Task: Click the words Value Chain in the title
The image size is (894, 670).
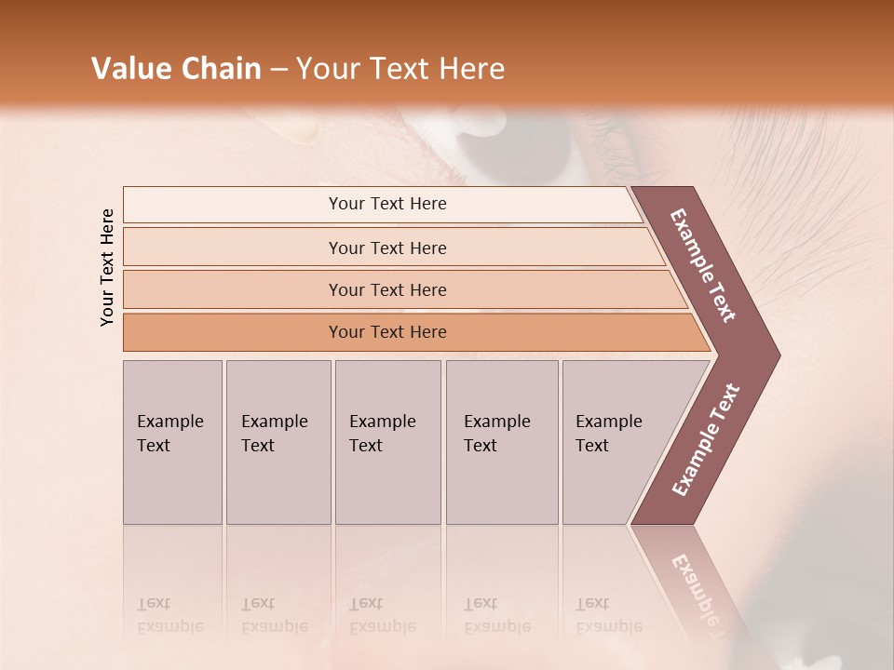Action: click(176, 69)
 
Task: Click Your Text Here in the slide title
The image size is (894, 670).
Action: click(400, 69)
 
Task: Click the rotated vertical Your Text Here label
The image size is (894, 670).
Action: click(107, 267)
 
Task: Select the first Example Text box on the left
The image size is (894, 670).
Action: click(172, 442)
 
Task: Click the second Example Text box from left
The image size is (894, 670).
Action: click(278, 442)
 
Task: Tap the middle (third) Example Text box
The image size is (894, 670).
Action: click(387, 442)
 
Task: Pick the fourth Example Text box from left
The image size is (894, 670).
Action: click(501, 442)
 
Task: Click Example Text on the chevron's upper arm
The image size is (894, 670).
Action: click(703, 265)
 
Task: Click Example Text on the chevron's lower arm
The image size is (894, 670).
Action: click(706, 440)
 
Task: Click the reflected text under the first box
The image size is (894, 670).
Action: click(169, 615)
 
